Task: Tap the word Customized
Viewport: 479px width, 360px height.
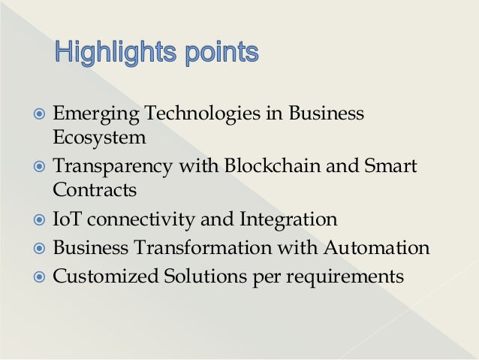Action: (104, 276)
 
